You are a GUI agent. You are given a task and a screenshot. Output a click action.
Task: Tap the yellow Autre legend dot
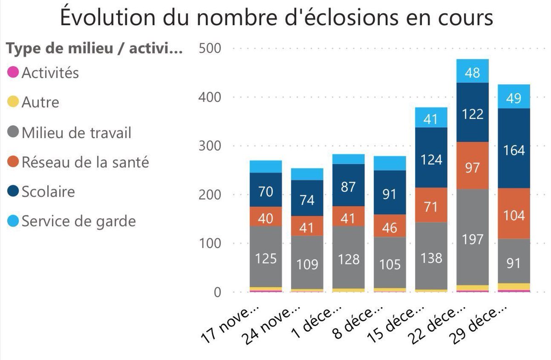click(14, 101)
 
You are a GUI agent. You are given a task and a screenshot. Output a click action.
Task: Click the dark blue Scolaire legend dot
click(14, 191)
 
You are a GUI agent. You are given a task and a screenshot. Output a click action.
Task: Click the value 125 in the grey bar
click(266, 258)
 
